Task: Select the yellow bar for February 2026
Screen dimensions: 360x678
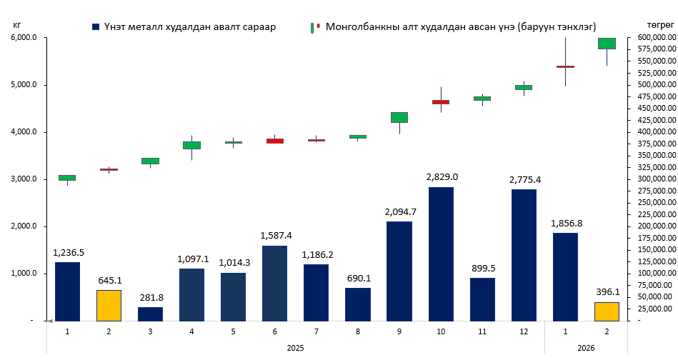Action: (x=607, y=311)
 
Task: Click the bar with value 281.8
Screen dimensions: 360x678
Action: (x=150, y=314)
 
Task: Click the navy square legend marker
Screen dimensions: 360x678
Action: (x=96, y=26)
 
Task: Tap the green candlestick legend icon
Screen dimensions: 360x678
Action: (x=313, y=27)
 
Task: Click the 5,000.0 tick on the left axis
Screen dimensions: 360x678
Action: (x=24, y=85)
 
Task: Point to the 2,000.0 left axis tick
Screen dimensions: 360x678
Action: (x=24, y=226)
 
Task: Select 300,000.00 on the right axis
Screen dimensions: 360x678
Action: (x=649, y=179)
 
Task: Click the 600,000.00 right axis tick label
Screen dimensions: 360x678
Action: (x=649, y=38)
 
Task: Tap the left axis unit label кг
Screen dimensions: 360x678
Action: (x=16, y=24)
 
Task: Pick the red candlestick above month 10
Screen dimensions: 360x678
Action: (x=441, y=102)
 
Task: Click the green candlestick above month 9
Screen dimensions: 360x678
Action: (x=399, y=117)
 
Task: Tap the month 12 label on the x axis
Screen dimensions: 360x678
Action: (x=524, y=331)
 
